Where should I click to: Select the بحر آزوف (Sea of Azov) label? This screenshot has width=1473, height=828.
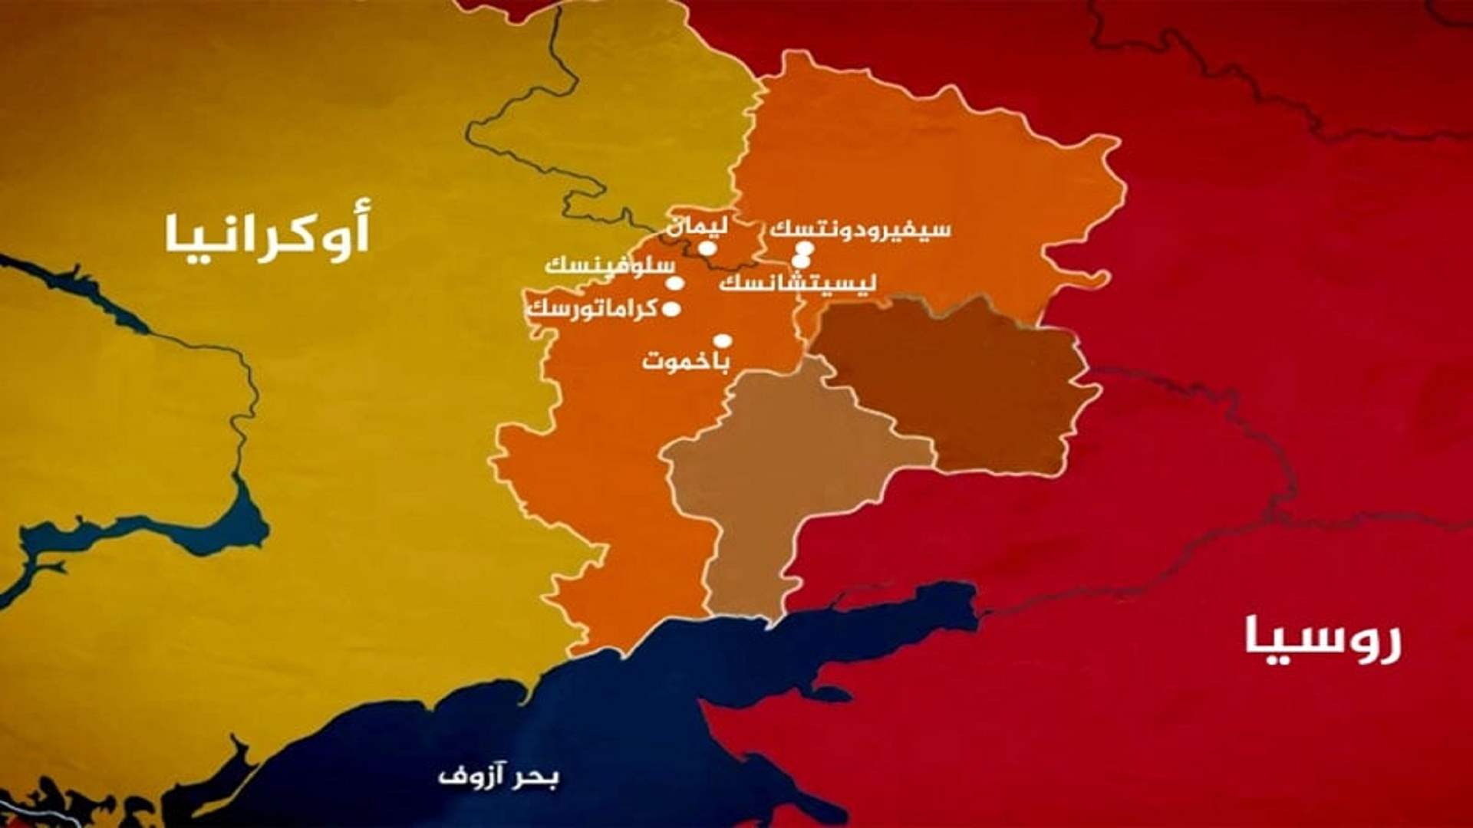[x=499, y=775]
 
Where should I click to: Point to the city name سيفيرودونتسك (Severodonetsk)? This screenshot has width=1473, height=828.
[x=860, y=229]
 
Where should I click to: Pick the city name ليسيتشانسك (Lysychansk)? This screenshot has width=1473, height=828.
[x=798, y=283]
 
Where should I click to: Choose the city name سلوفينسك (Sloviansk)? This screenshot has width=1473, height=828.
[x=609, y=266]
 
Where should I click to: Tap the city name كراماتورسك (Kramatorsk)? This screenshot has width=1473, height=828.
[x=592, y=310]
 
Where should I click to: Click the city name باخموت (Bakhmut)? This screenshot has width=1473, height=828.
[x=684, y=360]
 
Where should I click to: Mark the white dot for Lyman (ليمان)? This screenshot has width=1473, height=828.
[x=707, y=248]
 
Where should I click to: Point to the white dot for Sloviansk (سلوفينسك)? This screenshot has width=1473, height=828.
[x=675, y=283]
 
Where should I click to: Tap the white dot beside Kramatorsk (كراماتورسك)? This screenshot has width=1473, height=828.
[x=671, y=310]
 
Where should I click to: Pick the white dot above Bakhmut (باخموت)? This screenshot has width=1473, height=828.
[x=722, y=341]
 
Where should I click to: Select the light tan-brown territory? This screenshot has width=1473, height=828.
[x=767, y=475]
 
